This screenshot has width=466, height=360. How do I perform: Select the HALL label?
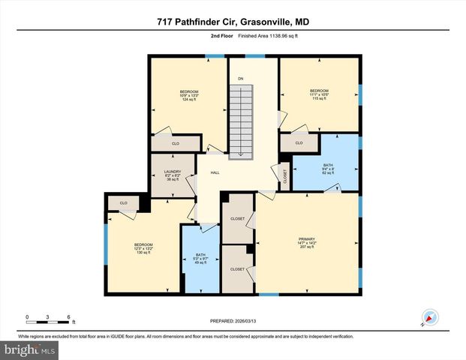pyautogui.click(x=215, y=173)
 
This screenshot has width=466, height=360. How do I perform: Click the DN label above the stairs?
pyautogui.click(x=241, y=79)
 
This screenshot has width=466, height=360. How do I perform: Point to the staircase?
pyautogui.click(x=241, y=120)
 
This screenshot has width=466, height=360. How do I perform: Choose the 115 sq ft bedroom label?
pyautogui.click(x=320, y=95)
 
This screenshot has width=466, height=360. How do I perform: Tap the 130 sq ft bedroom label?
pyautogui.click(x=143, y=248)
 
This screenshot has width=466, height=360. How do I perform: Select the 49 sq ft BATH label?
pyautogui.click(x=200, y=259)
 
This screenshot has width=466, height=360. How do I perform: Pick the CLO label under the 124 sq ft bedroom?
pyautogui.click(x=176, y=142)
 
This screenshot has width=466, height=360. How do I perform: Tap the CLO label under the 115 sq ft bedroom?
pyautogui.click(x=299, y=142)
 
